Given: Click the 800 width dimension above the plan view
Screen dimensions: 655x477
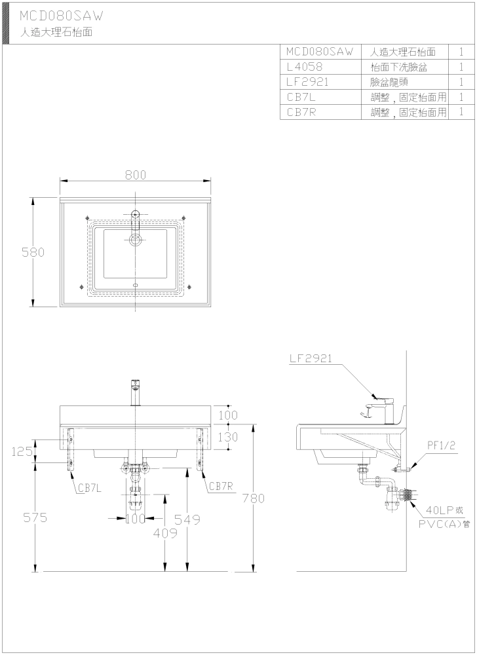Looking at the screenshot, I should pos(136,175).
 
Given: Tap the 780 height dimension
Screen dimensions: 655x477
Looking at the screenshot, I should pos(254,498).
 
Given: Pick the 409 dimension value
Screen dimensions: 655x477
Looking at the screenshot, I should pos(164,533).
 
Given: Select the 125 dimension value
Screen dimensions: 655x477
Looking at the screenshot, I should pos(22,451).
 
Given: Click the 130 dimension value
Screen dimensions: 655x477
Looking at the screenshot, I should pos(229,438).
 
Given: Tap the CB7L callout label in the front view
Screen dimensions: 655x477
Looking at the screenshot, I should pos(90,487).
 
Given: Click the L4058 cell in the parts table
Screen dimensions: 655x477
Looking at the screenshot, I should pos(305,67).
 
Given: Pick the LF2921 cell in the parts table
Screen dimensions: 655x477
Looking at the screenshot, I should pos(307,82).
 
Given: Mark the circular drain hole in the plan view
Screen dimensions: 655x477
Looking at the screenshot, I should pos(136,240).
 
